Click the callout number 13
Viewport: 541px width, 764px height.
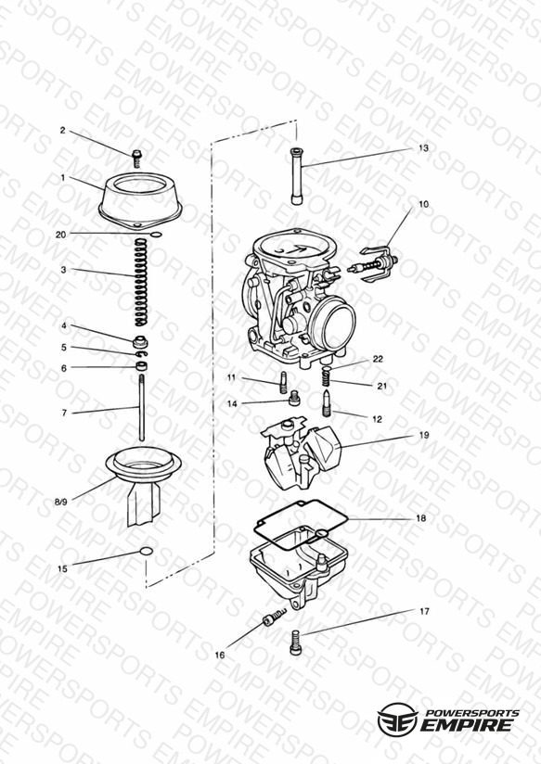423,147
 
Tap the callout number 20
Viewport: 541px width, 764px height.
60,235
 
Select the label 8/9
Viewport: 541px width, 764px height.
61,502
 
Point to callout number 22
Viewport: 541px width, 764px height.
378,359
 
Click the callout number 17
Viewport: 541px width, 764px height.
424,611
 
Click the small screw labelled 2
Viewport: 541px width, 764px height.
136,159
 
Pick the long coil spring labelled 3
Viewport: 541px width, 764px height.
141,282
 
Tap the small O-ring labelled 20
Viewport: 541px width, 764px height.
156,236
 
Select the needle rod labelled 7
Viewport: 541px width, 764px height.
141,407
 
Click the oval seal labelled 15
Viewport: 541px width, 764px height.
147,551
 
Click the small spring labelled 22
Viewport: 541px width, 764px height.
327,376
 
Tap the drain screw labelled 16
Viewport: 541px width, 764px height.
275,618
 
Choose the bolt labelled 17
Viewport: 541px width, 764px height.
294,643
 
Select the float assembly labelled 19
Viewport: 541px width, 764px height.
302,452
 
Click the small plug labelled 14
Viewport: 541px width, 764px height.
293,398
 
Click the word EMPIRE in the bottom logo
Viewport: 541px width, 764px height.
466,725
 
